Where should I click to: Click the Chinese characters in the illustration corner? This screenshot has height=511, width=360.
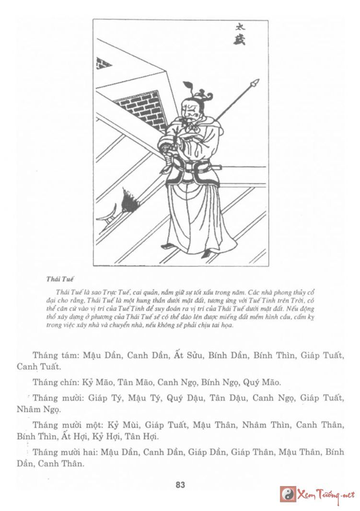[240, 34]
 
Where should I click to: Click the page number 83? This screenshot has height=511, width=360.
[180, 484]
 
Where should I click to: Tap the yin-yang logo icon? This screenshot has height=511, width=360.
[288, 494]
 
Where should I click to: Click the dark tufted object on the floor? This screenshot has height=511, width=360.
[128, 199]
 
